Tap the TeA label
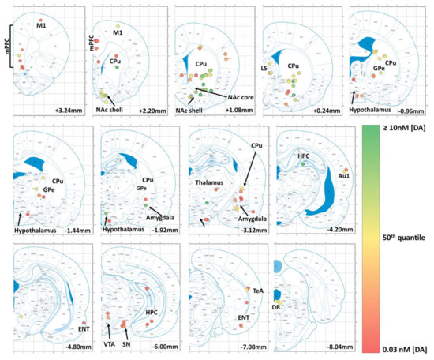pos(257,291)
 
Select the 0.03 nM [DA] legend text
pos(395,349)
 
